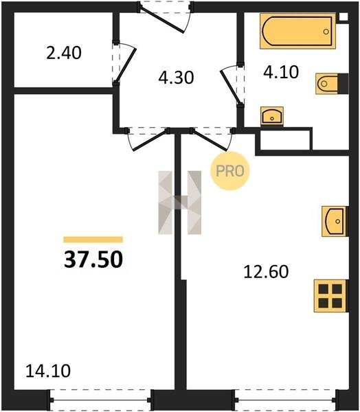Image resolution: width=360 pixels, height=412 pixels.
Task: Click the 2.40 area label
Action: click(64, 53)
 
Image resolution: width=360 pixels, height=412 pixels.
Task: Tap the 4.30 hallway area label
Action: click(176, 78)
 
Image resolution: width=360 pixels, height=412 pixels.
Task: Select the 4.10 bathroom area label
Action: click(281, 72)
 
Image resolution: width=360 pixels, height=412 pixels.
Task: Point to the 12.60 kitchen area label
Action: click(266, 272)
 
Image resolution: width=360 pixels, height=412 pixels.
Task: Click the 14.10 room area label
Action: click(48, 371)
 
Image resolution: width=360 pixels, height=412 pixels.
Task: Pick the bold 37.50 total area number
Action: click(93, 260)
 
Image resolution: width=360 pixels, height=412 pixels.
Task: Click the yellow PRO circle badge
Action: click(229, 171)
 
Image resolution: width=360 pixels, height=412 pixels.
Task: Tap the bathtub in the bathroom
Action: click(297, 32)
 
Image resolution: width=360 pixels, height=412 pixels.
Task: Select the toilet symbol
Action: click(332, 84)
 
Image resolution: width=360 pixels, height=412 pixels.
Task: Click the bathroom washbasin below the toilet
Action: click(272, 116)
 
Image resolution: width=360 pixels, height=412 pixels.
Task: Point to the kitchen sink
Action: click(335, 221)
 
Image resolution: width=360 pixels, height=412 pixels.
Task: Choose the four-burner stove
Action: click(331, 296)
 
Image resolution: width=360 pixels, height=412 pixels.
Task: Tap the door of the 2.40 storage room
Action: click(124, 63)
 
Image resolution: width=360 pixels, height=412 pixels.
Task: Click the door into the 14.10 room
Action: click(148, 139)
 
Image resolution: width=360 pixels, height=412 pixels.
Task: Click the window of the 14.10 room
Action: click(100, 400)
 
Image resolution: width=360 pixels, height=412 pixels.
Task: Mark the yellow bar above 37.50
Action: click(93, 240)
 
